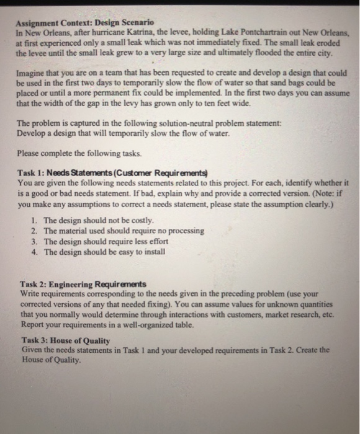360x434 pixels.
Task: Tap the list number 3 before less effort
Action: point(34,241)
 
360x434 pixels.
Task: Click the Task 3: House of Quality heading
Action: point(65,341)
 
